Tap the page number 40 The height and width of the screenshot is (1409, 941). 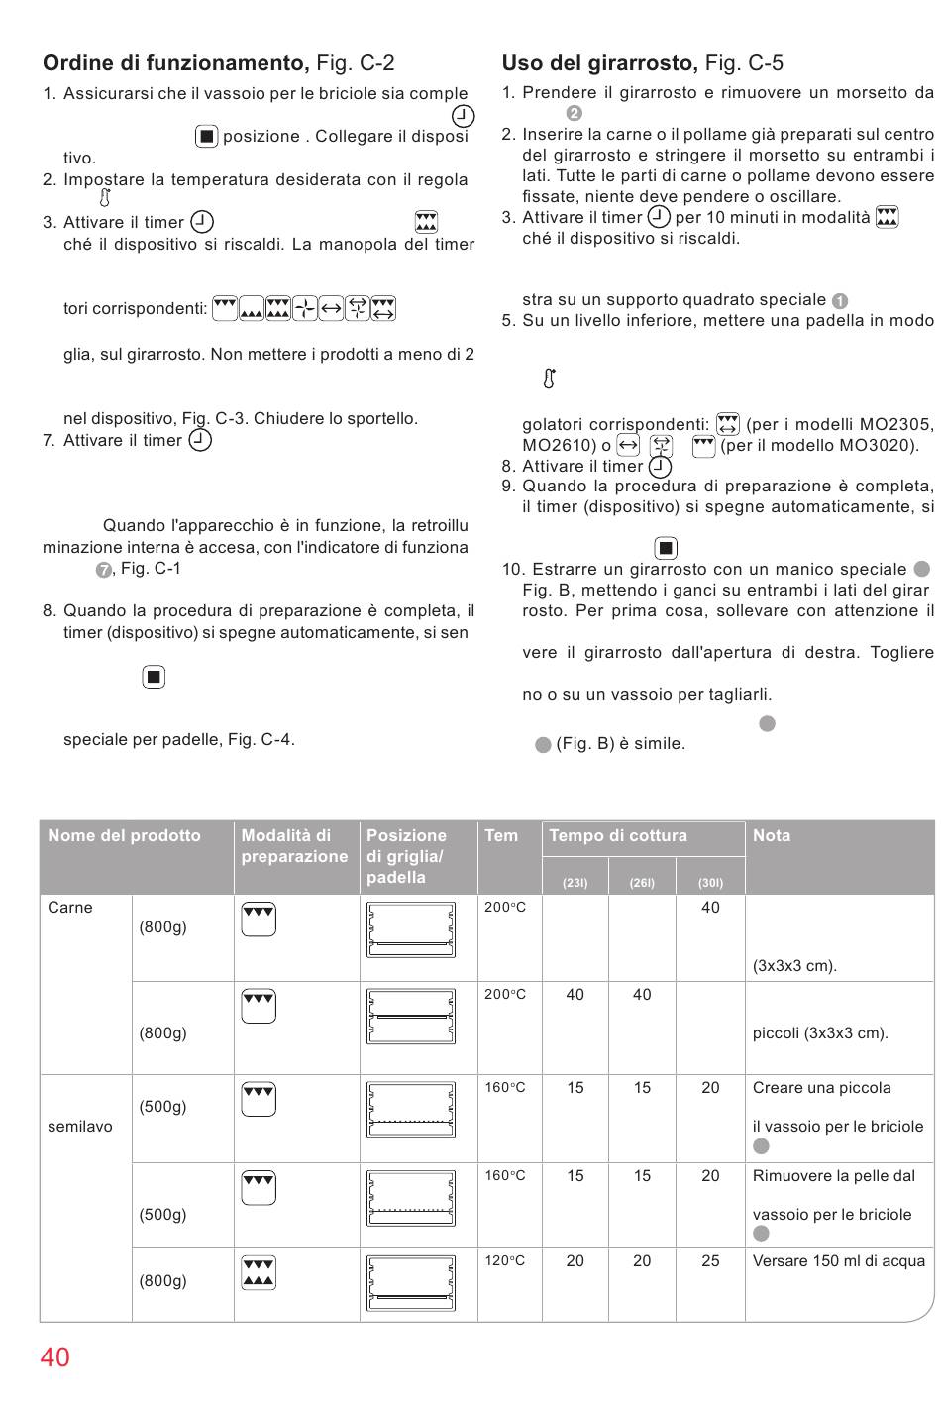[55, 1357]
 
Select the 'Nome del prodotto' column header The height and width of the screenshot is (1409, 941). [124, 836]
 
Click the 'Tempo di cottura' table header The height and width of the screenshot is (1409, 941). [618, 836]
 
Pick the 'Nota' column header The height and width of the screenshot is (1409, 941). [772, 836]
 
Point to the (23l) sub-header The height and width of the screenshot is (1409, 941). [575, 883]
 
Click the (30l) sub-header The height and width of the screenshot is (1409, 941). [710, 883]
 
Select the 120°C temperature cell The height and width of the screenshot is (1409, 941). [505, 1261]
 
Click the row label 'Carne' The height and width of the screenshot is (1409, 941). [70, 908]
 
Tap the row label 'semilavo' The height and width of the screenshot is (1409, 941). [80, 1127]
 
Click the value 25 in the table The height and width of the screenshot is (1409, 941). [710, 1261]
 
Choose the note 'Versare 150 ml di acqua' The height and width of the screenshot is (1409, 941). [839, 1261]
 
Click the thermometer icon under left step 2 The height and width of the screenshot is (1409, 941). [105, 198]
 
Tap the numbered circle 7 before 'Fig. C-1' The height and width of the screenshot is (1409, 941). [103, 570]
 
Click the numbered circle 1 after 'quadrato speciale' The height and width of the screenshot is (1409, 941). [840, 301]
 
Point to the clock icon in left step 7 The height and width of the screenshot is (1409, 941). [200, 440]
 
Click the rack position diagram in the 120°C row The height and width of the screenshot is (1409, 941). [411, 1283]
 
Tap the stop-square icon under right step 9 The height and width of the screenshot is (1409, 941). [666, 548]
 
